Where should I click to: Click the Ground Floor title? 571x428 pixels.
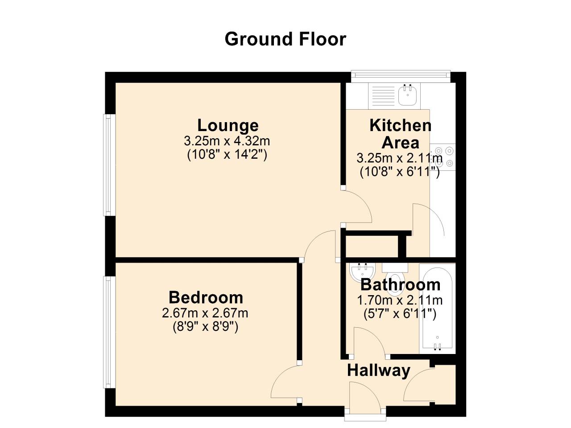tap(285, 39)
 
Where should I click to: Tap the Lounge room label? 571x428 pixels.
tap(228, 125)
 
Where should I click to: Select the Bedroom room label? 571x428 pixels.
tap(206, 297)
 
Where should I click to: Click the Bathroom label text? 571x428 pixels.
tap(400, 284)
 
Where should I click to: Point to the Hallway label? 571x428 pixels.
tap(378, 370)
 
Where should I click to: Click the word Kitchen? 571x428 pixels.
tap(400, 125)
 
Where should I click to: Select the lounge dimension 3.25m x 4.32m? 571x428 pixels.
tap(227, 141)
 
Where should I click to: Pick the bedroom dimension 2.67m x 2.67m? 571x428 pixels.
tap(205, 313)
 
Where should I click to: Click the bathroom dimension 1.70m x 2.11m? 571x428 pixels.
tap(400, 300)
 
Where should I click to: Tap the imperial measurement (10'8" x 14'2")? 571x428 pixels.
tap(227, 155)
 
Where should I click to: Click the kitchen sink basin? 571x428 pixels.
tap(407, 95)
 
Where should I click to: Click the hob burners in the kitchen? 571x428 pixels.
tap(443, 157)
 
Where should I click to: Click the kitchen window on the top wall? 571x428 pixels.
tap(400, 76)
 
